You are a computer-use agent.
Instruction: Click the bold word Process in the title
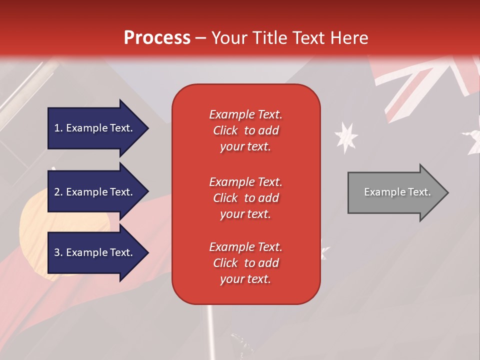(x=157, y=38)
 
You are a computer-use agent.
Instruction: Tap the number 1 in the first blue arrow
(x=57, y=128)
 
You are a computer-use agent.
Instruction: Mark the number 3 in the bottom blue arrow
(x=57, y=252)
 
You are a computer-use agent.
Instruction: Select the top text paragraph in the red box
(x=245, y=130)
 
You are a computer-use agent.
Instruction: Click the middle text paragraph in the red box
(x=245, y=198)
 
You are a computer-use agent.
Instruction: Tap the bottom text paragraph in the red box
(x=245, y=263)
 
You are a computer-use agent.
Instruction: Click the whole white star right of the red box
(x=346, y=136)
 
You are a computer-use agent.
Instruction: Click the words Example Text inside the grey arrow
(x=397, y=192)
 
